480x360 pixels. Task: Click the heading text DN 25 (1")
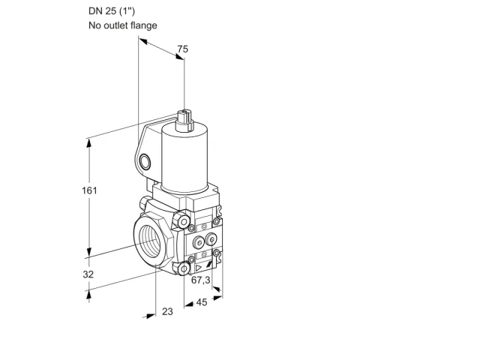[x=112, y=11]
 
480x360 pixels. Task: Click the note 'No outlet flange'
[x=123, y=25]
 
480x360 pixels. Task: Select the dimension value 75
[x=183, y=49]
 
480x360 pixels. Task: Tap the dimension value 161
[x=89, y=190]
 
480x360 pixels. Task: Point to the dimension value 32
[x=88, y=274]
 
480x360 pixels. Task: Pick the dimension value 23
[x=167, y=312]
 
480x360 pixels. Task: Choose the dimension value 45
[x=202, y=302]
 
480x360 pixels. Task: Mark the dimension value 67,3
[x=201, y=280]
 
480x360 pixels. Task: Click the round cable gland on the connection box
[x=144, y=162]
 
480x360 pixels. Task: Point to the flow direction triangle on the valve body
[x=199, y=268]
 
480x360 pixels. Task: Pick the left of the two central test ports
[x=199, y=243]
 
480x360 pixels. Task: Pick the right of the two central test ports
[x=211, y=238]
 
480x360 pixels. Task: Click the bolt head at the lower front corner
[x=183, y=268]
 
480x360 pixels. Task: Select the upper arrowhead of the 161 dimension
[x=89, y=144]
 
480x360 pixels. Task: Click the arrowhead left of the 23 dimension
[x=150, y=316]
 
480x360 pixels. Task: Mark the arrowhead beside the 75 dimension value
[x=180, y=57]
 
